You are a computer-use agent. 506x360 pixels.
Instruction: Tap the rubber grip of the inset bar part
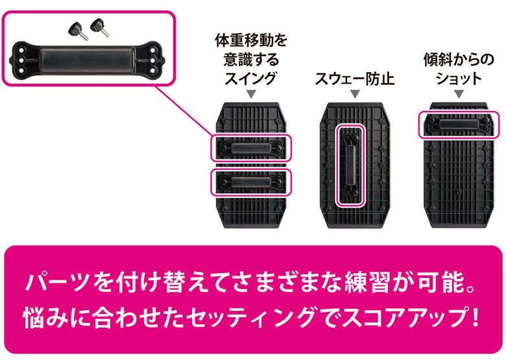pos(87,60)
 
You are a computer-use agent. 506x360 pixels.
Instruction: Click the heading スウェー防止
pos(355,78)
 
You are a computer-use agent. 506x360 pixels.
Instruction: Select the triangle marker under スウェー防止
pos(355,94)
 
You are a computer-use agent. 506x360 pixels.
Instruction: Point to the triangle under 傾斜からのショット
pos(459,94)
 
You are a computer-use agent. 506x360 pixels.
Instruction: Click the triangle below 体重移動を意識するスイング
pos(251,94)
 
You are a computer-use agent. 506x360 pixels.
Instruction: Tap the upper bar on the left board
pos(251,148)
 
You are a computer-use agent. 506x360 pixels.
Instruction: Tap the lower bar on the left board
pos(251,182)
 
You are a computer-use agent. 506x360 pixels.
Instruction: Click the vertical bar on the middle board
pos(350,166)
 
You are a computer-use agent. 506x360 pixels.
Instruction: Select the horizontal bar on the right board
pos(458,125)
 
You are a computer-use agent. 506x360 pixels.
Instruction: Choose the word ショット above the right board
pos(459,78)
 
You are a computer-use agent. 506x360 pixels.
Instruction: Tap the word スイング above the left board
pos(251,78)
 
